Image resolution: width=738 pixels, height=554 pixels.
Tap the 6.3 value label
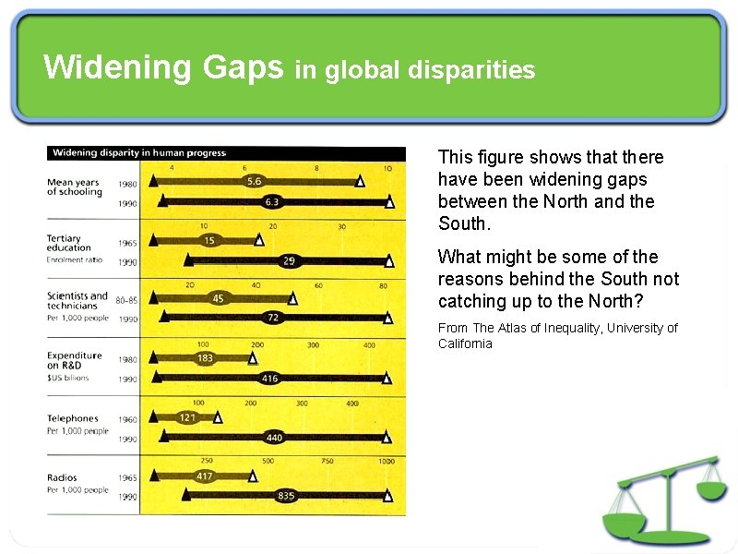point(272,201)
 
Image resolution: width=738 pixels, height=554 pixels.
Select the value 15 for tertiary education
point(209,240)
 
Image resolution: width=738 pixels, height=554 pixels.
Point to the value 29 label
point(289,261)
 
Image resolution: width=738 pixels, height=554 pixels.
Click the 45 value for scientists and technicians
point(219,298)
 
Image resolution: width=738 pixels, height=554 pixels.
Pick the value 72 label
point(273,318)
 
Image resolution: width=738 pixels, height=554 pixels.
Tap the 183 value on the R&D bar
point(205,357)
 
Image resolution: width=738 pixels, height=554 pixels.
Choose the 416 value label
point(269,378)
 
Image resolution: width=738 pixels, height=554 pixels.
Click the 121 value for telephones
point(188,417)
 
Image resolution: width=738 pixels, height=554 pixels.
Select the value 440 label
point(274,438)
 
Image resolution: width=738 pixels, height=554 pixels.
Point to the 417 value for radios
point(205,476)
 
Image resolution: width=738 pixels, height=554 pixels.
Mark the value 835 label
point(287,496)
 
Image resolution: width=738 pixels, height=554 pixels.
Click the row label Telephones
point(73,419)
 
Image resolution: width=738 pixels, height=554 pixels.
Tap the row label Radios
point(63,478)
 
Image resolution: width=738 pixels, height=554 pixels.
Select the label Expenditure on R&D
point(75,360)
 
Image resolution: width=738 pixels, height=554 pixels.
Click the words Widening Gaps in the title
point(163,67)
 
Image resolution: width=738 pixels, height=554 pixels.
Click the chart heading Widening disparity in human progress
point(139,153)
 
